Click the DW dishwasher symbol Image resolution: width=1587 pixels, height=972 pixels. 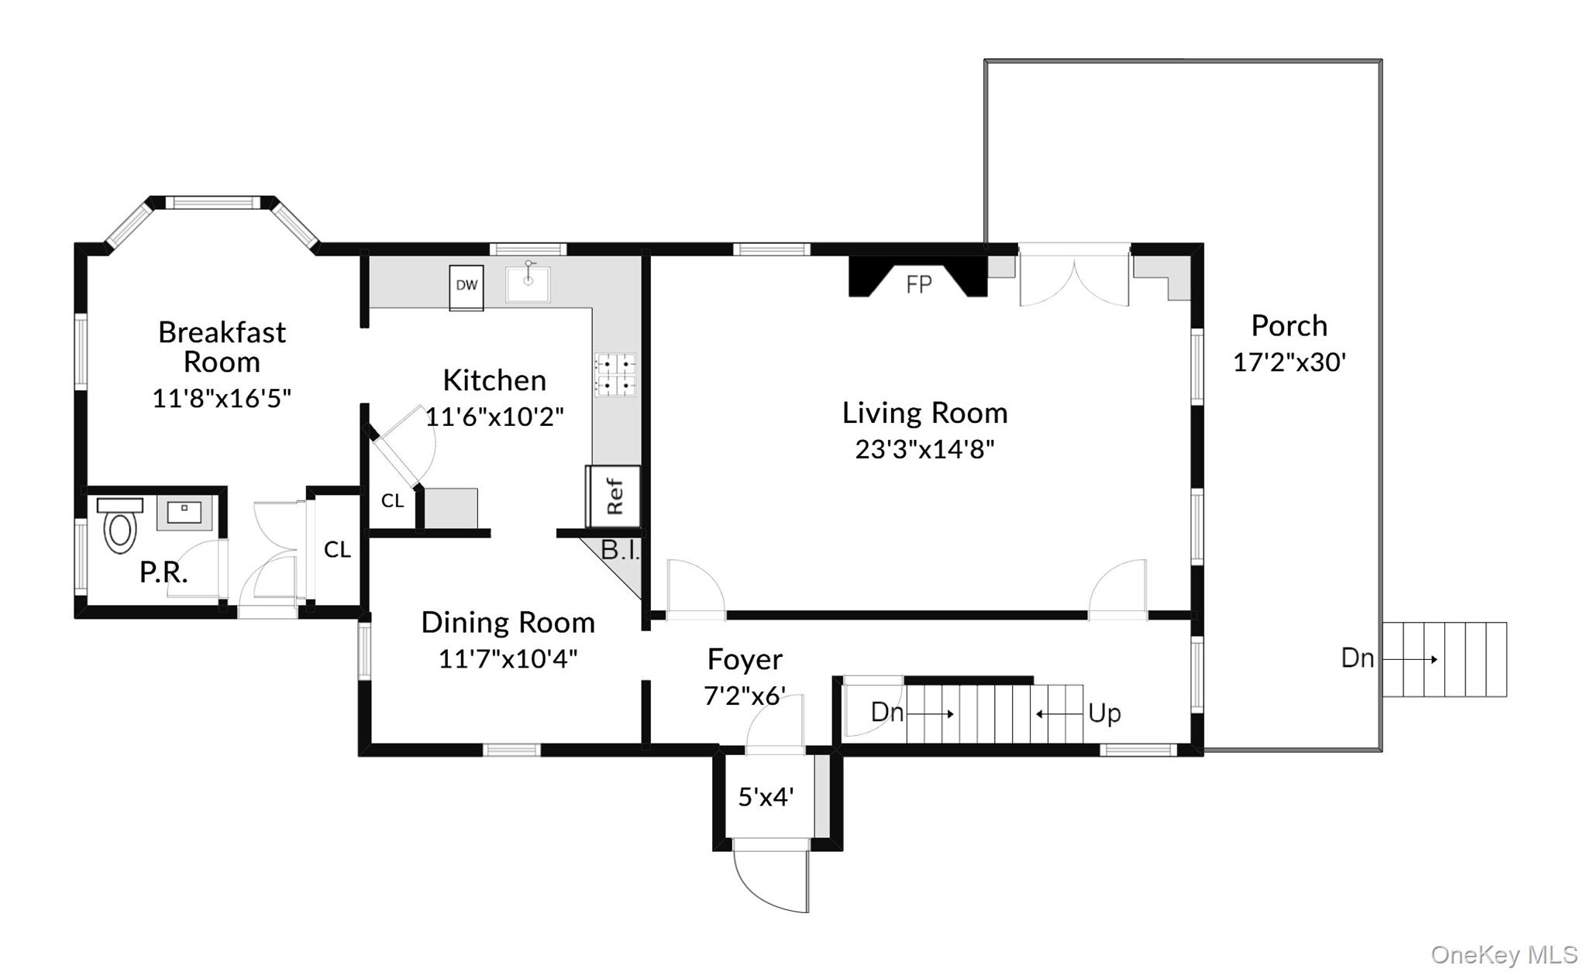(466, 287)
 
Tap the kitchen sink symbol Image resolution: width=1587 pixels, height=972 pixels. (528, 283)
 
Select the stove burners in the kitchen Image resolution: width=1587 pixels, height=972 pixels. (615, 374)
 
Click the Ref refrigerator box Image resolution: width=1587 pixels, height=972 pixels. (614, 496)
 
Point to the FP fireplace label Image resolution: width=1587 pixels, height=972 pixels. (918, 285)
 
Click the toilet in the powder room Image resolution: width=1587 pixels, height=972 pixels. (120, 527)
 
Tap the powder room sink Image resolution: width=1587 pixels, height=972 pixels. (184, 512)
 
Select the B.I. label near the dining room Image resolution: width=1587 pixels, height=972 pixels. (620, 551)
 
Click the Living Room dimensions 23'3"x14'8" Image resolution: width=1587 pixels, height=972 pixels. (924, 449)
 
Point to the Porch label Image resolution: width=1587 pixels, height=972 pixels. (1289, 326)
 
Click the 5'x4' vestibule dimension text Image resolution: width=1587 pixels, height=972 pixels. (766, 797)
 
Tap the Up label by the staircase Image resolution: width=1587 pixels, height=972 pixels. (1103, 713)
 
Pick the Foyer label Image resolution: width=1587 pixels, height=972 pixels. (745, 660)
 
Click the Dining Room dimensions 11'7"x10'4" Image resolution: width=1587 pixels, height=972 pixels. (508, 659)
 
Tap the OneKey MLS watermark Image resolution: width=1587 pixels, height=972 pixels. (1503, 954)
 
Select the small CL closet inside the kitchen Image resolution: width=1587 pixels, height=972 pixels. (392, 501)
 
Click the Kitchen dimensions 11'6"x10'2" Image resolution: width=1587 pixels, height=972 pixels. (494, 417)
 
